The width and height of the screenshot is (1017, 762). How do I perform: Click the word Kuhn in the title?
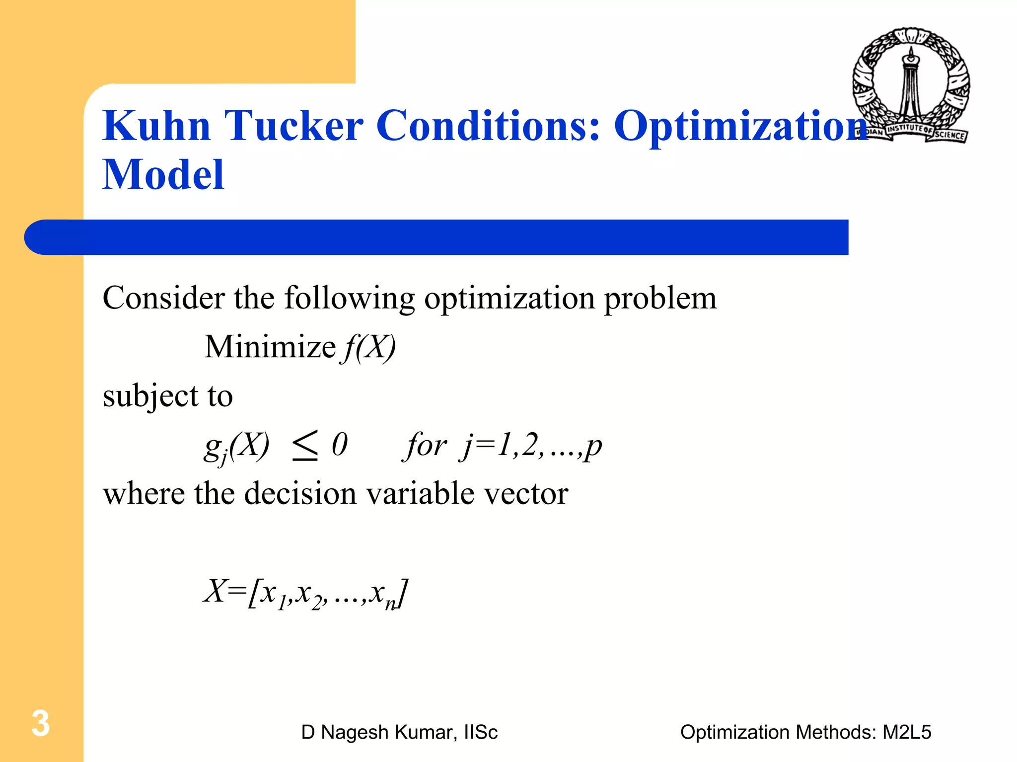click(157, 126)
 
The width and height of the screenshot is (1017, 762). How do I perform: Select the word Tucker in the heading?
click(294, 126)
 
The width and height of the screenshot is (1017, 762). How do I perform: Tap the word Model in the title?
click(163, 175)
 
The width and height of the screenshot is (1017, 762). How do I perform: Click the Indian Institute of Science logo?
click(911, 85)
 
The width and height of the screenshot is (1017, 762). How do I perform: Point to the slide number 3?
click(41, 723)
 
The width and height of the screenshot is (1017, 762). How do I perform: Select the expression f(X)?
click(368, 347)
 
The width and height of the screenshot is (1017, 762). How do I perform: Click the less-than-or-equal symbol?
click(305, 445)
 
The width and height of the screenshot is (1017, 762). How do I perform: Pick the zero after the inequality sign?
click(340, 444)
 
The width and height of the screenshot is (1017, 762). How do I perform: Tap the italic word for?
click(426, 445)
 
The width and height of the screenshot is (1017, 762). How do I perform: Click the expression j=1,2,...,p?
click(531, 445)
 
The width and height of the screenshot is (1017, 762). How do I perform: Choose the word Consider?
click(164, 298)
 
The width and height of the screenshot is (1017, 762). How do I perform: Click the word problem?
click(660, 299)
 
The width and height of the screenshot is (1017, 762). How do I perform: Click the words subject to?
click(168, 396)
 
